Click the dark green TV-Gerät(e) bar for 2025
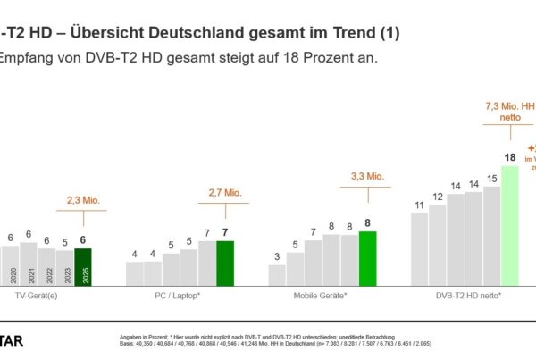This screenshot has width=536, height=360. [x=82, y=266]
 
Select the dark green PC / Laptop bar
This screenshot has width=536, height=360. [x=224, y=263]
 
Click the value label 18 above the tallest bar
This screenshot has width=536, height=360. [x=509, y=158]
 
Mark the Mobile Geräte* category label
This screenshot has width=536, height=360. [x=322, y=294]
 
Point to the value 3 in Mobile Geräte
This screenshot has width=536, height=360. [x=277, y=256]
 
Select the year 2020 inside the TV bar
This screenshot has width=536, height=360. [x=12, y=273]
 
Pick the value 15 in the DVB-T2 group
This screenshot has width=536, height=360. [x=491, y=179]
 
